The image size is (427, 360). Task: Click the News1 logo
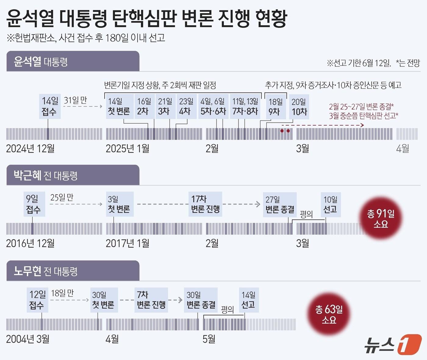click(x=393, y=345)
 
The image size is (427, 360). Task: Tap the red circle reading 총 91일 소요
click(x=381, y=218)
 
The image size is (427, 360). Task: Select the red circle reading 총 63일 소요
click(x=329, y=314)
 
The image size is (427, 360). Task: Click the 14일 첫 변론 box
click(x=119, y=106)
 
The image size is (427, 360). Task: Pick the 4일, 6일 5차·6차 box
click(x=213, y=106)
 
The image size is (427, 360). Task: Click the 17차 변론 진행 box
click(x=205, y=204)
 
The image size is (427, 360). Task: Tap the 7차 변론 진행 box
click(x=151, y=300)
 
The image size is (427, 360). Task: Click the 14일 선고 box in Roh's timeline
click(x=249, y=300)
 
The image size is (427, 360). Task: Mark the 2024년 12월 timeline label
click(x=30, y=149)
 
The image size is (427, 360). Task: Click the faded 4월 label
click(x=403, y=149)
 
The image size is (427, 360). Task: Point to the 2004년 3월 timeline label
click(x=28, y=339)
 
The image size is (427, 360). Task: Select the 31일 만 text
click(x=75, y=100)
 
